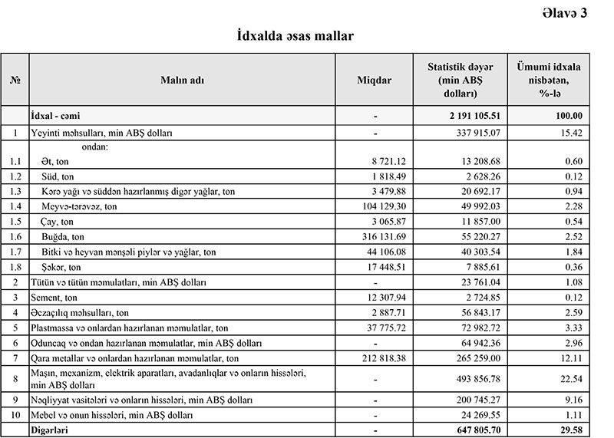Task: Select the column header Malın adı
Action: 183,80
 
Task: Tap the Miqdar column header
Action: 375,80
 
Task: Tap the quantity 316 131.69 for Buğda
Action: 381,236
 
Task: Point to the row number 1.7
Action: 15,251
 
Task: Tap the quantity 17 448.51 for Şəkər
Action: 385,266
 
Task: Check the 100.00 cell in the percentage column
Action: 566,116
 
